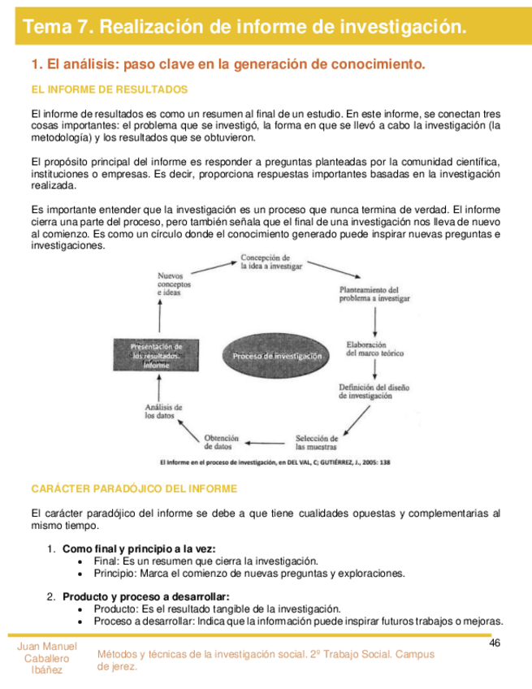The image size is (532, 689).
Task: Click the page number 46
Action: coord(495,643)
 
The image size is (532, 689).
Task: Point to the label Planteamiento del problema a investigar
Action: coord(371,294)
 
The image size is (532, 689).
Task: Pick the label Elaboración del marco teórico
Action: coord(374,348)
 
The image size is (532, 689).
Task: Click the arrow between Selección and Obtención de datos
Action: coord(268,443)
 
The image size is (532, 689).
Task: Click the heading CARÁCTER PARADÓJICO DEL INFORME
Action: coord(134,488)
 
